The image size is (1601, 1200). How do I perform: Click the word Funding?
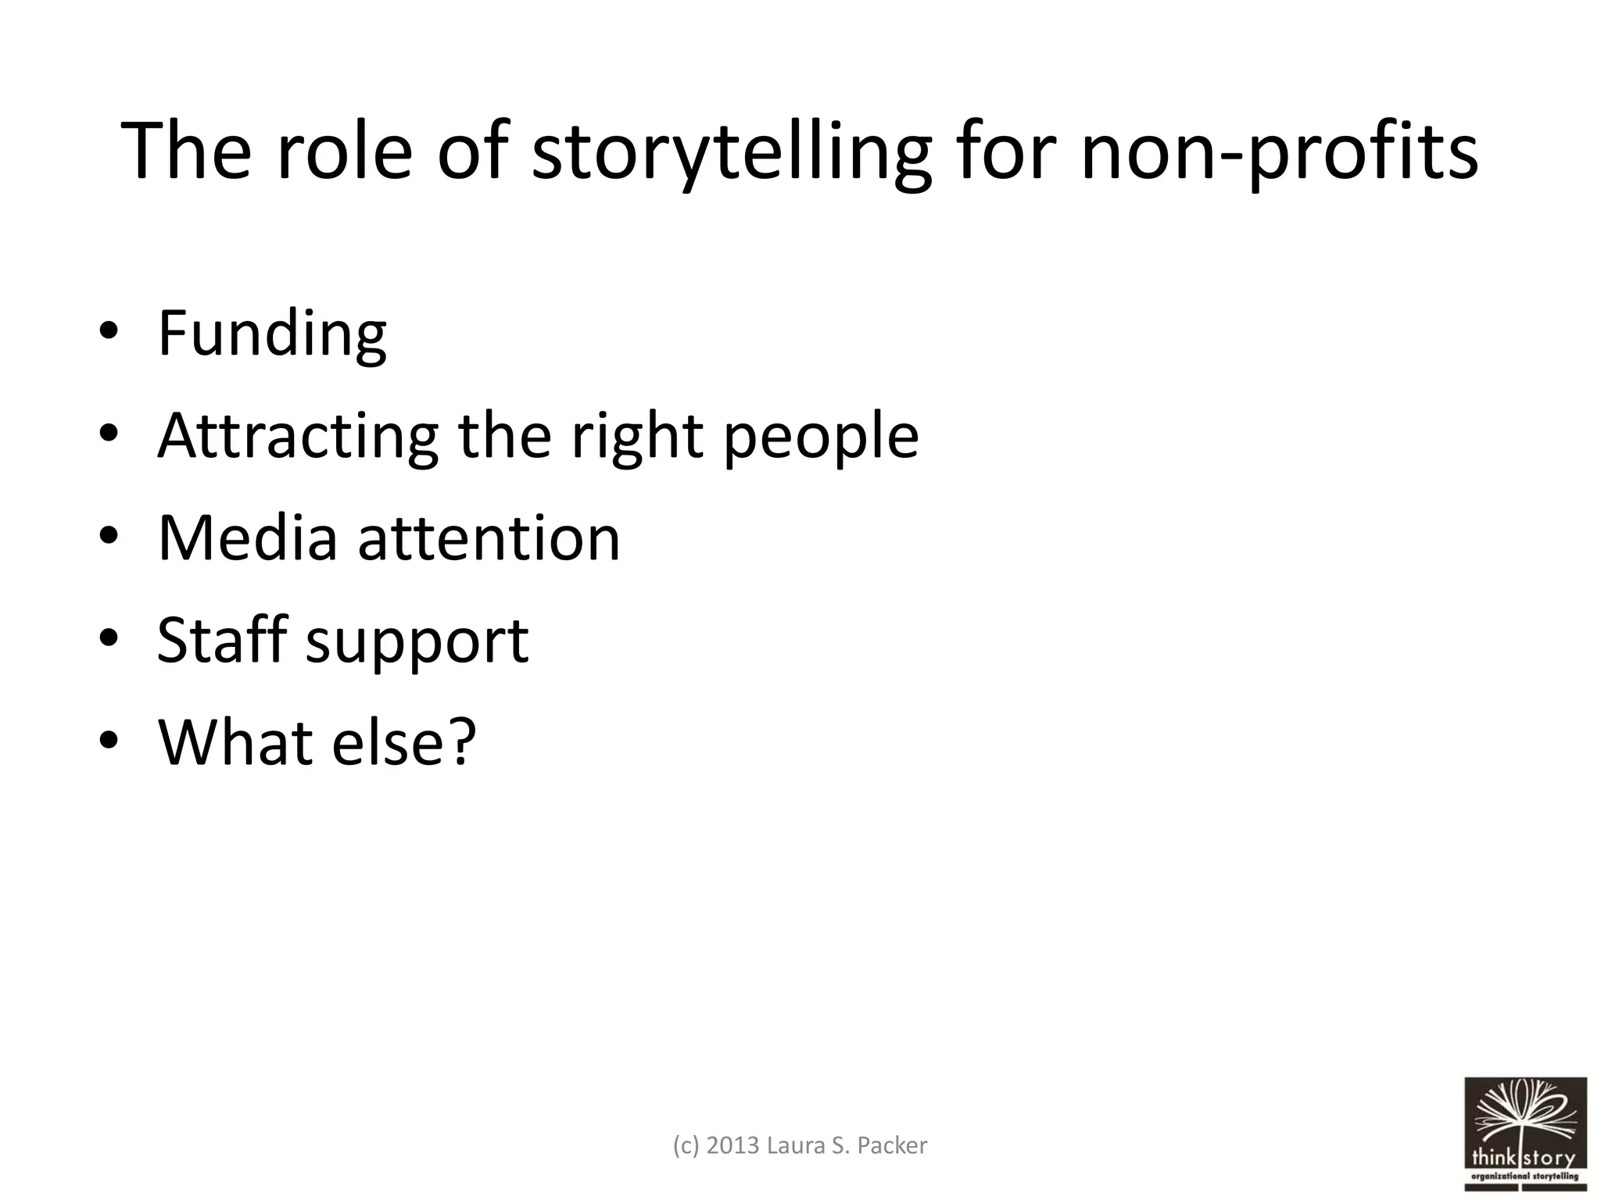pyautogui.click(x=272, y=334)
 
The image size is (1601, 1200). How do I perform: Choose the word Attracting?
pyautogui.click(x=298, y=437)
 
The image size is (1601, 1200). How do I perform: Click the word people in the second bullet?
pyautogui.click(x=820, y=437)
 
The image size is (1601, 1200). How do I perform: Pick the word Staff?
pyautogui.click(x=222, y=640)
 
